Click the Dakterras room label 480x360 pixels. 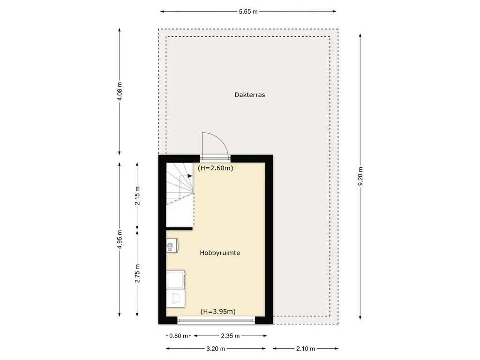(x=249, y=95)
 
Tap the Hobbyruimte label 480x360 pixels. (x=220, y=253)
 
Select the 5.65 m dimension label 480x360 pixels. (x=248, y=12)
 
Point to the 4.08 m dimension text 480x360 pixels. (x=120, y=91)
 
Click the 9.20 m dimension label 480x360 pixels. (x=360, y=176)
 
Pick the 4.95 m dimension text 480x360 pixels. (x=120, y=240)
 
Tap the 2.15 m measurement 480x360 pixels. (x=137, y=196)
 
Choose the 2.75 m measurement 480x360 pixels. (x=137, y=274)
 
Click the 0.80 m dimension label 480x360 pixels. (x=179, y=336)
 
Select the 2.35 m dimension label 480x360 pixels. (x=230, y=336)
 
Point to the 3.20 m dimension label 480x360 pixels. (x=216, y=349)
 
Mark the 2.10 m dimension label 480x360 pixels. (x=306, y=349)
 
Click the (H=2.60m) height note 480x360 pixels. (x=216, y=168)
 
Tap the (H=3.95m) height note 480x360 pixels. (x=218, y=312)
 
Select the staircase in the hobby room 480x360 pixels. (x=180, y=195)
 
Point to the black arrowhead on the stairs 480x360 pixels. (x=190, y=176)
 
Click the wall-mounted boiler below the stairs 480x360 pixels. (x=172, y=246)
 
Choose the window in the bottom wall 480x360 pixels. (x=216, y=321)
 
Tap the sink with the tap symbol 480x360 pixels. (x=176, y=299)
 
